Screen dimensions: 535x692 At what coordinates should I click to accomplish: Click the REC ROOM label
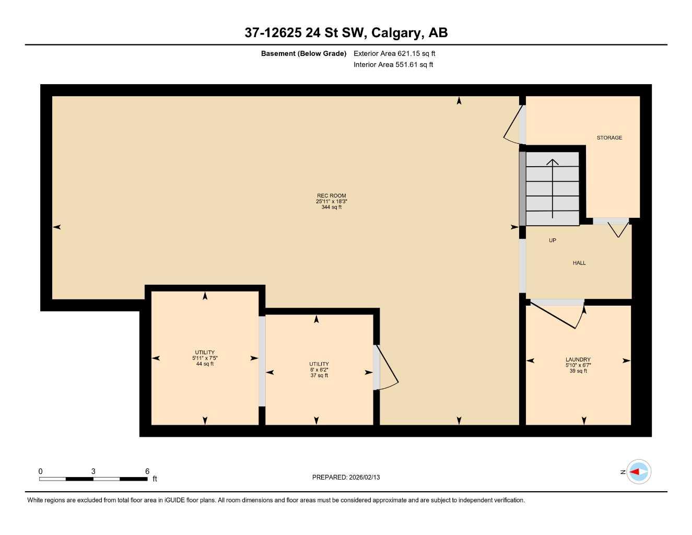331,195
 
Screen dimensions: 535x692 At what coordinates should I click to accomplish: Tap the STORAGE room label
609,137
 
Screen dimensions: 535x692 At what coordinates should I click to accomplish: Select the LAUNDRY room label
578,359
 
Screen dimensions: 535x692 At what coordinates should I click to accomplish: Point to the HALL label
579,263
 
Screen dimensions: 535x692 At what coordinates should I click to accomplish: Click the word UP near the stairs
553,240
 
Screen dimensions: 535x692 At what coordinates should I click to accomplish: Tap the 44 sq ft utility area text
205,364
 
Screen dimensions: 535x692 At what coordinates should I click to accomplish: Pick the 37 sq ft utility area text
319,376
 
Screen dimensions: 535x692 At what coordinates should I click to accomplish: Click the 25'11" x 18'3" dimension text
331,202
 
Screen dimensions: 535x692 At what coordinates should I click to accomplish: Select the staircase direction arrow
553,188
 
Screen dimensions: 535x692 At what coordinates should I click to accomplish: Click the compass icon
638,472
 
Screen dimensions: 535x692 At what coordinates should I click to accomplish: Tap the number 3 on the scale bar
93,471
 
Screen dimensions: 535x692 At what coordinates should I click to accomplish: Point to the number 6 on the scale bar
147,471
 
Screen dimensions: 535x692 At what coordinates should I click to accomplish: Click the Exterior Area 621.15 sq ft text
394,53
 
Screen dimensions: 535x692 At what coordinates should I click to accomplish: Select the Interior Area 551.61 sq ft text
393,65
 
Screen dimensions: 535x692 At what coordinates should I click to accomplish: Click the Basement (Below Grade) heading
303,53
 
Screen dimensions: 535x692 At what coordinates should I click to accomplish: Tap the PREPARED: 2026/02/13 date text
346,477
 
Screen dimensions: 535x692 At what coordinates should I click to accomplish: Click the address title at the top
346,33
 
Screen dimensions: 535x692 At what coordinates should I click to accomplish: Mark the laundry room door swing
557,315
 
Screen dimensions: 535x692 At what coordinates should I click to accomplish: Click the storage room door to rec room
514,124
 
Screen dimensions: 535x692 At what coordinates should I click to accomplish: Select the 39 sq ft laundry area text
578,371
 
